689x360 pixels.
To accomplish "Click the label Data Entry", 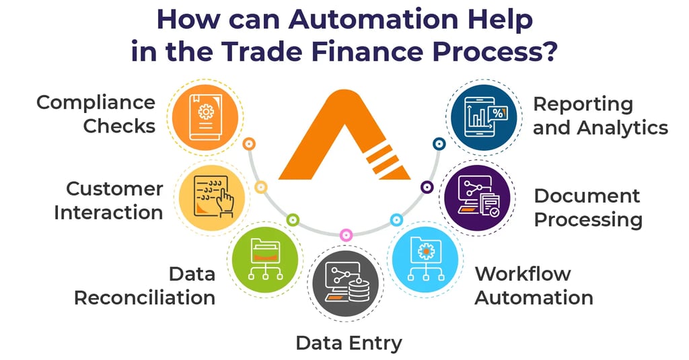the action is click(x=349, y=343).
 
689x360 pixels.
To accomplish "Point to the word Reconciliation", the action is click(x=144, y=297).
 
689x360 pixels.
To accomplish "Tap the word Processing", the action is click(x=587, y=219).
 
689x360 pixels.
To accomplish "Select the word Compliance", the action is click(x=96, y=103).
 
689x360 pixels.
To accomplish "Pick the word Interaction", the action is click(x=108, y=213).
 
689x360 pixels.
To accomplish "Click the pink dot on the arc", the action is click(x=346, y=234).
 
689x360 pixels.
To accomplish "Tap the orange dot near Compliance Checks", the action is click(x=249, y=143).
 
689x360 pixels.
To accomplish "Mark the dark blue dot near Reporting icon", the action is click(x=439, y=143).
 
